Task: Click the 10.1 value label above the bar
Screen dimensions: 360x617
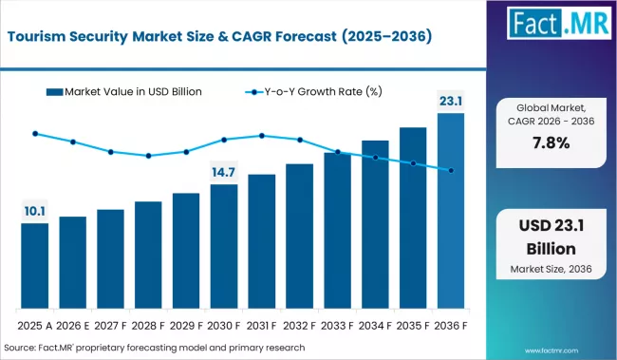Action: (34, 210)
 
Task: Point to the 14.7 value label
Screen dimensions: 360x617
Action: (224, 172)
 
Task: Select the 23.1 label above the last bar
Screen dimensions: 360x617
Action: (451, 100)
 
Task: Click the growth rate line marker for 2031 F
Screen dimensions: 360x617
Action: (262, 135)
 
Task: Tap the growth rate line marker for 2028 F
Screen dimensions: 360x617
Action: (148, 156)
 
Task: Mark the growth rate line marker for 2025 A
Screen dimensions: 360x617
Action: (34, 134)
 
